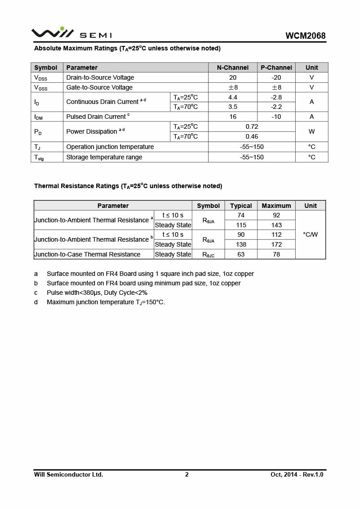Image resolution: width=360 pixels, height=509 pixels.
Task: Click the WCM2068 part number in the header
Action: tap(305, 36)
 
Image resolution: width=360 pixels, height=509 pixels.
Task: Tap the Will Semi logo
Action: tap(71, 33)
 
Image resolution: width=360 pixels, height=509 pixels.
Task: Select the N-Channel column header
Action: tap(233, 68)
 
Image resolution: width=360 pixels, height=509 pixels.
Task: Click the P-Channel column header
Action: tap(276, 68)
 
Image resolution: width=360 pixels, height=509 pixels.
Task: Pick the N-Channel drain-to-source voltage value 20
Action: tap(233, 77)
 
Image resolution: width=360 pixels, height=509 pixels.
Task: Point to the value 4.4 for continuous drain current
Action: tap(233, 97)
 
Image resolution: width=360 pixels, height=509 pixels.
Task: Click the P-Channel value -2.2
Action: tap(276, 107)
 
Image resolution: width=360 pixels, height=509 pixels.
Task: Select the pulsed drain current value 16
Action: tap(233, 117)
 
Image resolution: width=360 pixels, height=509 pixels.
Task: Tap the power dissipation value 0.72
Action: tap(252, 126)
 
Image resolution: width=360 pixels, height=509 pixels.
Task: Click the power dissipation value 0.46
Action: tap(252, 136)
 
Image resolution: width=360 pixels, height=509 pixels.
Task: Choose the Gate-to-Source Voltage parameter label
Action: tap(99, 87)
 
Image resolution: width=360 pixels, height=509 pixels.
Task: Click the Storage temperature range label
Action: tap(104, 157)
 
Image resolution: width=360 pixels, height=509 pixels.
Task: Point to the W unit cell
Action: tap(311, 131)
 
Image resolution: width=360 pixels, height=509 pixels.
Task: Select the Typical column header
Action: tap(241, 206)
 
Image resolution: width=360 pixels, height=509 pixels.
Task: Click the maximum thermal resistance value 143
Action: tap(276, 225)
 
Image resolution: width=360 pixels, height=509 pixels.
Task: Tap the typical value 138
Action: tap(241, 244)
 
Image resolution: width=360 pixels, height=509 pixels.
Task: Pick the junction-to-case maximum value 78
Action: tap(276, 254)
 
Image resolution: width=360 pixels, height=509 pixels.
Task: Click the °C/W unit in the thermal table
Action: tap(310, 234)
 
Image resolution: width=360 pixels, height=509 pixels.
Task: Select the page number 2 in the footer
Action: tap(187, 474)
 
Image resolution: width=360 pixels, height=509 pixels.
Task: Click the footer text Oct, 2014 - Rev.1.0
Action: tap(297, 474)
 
